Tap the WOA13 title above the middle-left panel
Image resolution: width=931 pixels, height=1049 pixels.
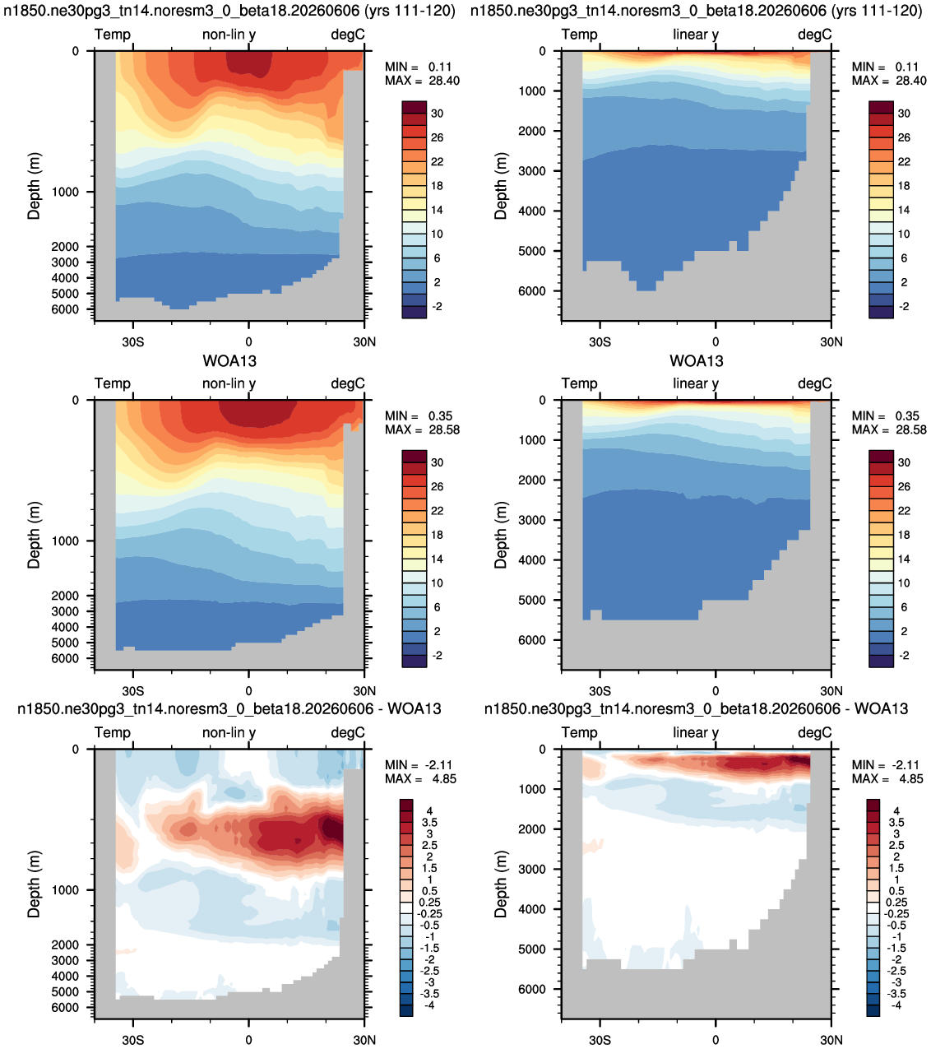coord(229,361)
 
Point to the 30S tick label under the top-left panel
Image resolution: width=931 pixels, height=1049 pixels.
coord(133,341)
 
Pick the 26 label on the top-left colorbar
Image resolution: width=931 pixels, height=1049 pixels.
coord(438,137)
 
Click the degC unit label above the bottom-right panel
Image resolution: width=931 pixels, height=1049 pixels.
coord(814,732)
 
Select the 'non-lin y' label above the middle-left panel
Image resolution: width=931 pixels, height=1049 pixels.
coord(229,383)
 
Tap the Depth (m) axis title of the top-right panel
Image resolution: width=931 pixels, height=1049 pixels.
coord(500,185)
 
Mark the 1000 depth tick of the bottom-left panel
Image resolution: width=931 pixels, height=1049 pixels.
coord(65,890)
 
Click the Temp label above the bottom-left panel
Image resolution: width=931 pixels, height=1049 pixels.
coord(113,732)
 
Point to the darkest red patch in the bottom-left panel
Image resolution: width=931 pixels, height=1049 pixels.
coord(331,829)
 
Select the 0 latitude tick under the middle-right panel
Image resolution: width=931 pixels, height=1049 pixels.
coord(716,691)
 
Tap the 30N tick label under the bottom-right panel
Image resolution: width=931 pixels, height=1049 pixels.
coord(831,1040)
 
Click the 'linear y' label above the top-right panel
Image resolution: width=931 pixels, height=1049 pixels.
coord(696,35)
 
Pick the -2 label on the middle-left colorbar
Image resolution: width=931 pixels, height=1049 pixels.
coord(438,656)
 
